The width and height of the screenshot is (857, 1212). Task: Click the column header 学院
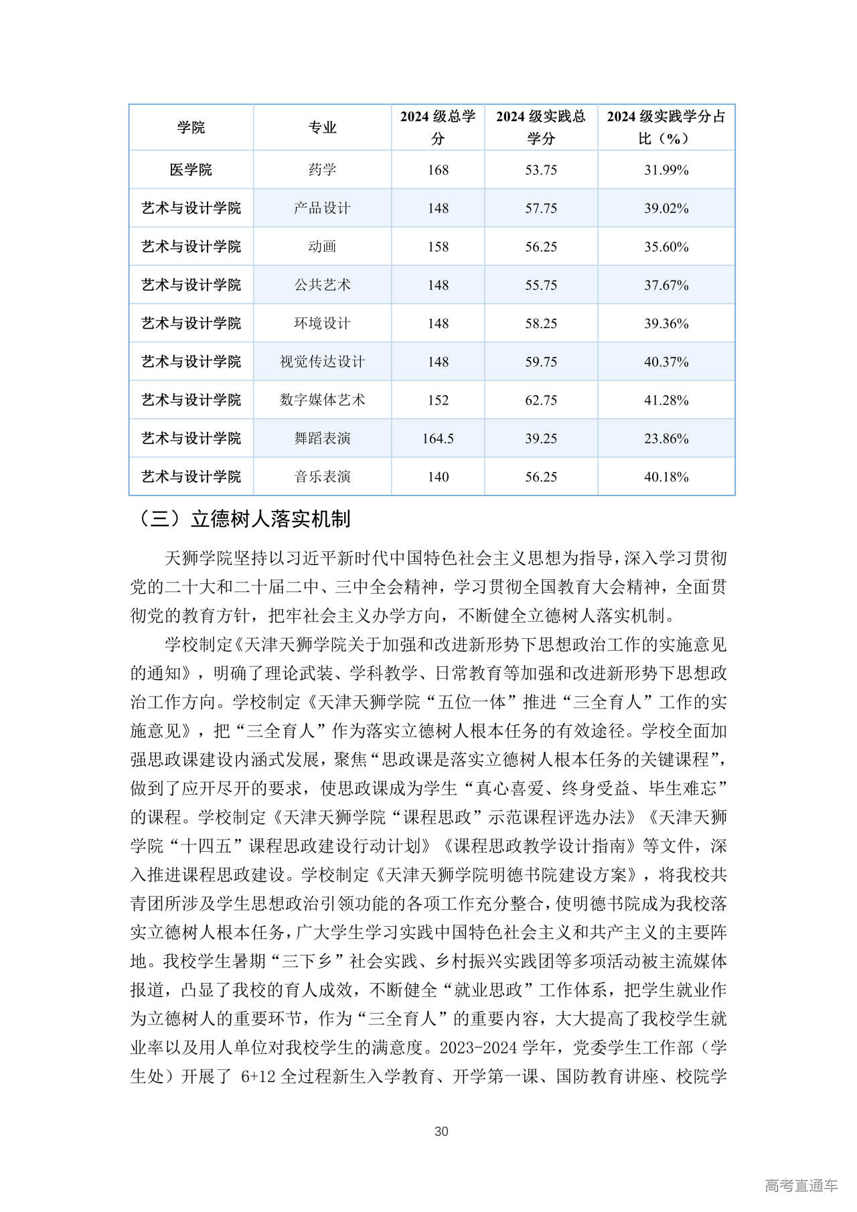[191, 127]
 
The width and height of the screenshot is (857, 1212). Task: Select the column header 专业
[322, 127]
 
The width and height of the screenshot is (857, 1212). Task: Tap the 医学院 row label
[191, 170]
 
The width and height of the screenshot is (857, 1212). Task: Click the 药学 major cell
[322, 170]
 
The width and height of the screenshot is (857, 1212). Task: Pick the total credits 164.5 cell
[438, 439]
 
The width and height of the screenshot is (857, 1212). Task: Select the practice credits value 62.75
[541, 400]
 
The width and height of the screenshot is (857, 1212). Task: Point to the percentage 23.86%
[666, 439]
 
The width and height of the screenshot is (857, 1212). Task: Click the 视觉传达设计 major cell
[322, 362]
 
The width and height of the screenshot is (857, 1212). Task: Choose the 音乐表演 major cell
[322, 477]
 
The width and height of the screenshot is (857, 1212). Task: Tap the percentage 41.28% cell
[666, 400]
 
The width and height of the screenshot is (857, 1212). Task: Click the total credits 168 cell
[438, 170]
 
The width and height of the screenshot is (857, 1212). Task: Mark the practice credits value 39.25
[541, 439]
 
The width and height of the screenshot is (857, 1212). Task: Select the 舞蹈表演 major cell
[322, 439]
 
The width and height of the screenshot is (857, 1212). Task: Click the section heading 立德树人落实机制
[270, 519]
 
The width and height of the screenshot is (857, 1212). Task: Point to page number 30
[441, 1131]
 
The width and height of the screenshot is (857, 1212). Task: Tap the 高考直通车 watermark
[801, 1185]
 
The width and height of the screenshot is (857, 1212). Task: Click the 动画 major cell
[322, 247]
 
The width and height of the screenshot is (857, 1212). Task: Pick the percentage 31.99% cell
[666, 170]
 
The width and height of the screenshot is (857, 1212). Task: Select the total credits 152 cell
[438, 400]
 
